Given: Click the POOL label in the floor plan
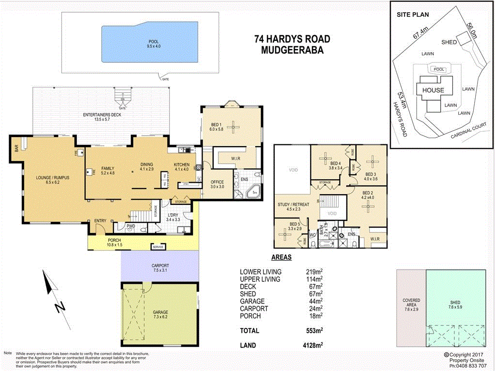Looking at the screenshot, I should (154, 42).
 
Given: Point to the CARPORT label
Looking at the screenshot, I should (160, 266).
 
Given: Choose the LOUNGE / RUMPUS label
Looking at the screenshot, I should (53, 178).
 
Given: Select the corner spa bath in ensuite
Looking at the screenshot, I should (253, 193).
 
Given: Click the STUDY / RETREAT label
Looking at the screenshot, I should (294, 205).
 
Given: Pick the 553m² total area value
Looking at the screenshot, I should (314, 331).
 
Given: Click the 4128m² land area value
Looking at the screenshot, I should (312, 345).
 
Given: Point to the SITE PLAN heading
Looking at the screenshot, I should (413, 15).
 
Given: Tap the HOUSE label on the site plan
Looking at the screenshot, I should (433, 90).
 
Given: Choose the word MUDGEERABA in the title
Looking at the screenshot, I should (292, 49).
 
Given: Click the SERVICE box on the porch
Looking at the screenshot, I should (158, 247).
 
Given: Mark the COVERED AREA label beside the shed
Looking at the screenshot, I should (411, 303).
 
